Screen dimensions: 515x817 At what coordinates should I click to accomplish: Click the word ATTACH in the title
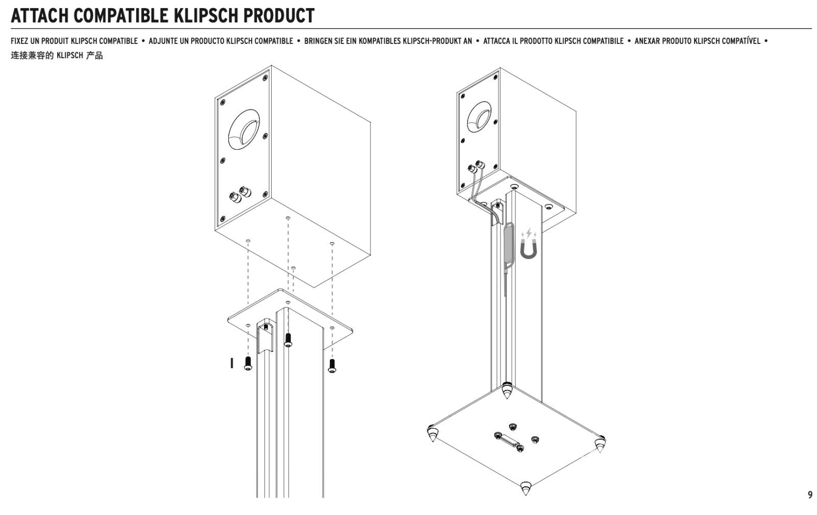[39, 16]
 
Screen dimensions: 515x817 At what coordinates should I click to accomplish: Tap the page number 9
[810, 495]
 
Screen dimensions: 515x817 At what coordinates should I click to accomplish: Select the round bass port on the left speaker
[244, 129]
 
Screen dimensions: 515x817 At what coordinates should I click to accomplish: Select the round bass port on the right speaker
[479, 116]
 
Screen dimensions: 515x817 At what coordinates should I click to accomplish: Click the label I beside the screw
[232, 363]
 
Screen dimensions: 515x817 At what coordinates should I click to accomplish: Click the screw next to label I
[248, 363]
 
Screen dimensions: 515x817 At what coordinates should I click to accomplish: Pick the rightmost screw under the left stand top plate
[332, 365]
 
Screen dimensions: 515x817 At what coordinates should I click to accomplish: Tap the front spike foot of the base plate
[525, 488]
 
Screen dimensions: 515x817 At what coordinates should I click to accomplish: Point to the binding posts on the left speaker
[239, 195]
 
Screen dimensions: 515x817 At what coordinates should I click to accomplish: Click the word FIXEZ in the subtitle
[20, 41]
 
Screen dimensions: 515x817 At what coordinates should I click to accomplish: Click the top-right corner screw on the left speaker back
[265, 78]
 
